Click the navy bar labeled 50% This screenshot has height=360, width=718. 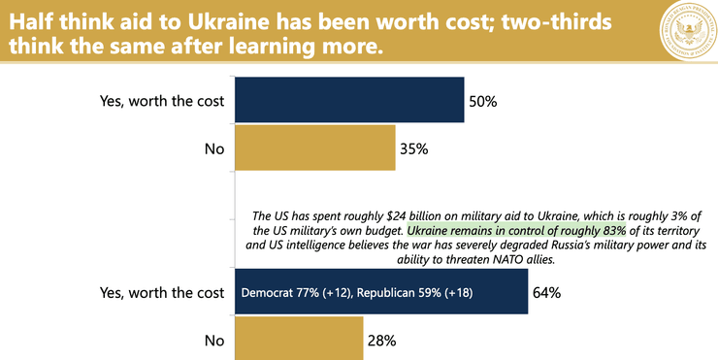348,100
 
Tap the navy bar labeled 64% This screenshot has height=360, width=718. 380,292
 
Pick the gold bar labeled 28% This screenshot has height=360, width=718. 300,340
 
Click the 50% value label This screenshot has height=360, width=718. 484,101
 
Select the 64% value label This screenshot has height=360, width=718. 548,292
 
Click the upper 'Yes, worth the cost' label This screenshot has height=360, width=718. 162,101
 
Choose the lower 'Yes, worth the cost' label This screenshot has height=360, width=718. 162,292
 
